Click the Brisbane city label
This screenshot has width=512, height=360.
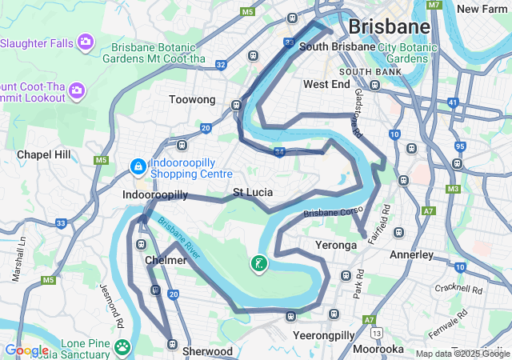(x=389, y=26)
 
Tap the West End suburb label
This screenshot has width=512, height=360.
(x=326, y=84)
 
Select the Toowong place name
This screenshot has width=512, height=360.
(x=192, y=100)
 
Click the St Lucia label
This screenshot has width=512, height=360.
(x=253, y=193)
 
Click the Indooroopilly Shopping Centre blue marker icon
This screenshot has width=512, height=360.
(x=138, y=167)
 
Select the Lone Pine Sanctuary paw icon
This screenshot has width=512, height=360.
(x=122, y=346)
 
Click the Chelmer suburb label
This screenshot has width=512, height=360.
(x=166, y=261)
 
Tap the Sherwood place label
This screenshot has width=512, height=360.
(x=207, y=351)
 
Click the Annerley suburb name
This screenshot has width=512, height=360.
(x=411, y=255)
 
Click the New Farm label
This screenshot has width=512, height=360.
(x=483, y=9)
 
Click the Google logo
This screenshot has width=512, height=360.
(x=26, y=350)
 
